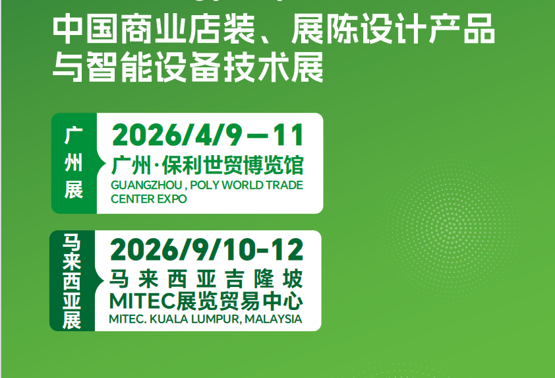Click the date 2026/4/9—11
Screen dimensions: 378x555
coord(208,135)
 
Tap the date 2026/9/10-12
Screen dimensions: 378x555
coord(207,249)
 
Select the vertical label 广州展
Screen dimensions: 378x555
coord(74,164)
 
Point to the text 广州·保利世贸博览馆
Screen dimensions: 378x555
coord(208,164)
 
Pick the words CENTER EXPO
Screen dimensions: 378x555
coord(149,199)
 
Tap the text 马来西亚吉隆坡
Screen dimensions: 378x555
coord(207,279)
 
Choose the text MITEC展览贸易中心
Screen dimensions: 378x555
coord(207,301)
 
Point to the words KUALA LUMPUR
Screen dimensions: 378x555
coord(198,319)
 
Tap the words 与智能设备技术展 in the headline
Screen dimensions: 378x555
coord(188,68)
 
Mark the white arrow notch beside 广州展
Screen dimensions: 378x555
coord(102,164)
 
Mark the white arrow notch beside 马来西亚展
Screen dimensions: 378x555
coord(101,281)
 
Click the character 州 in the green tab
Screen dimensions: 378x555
coord(74,164)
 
